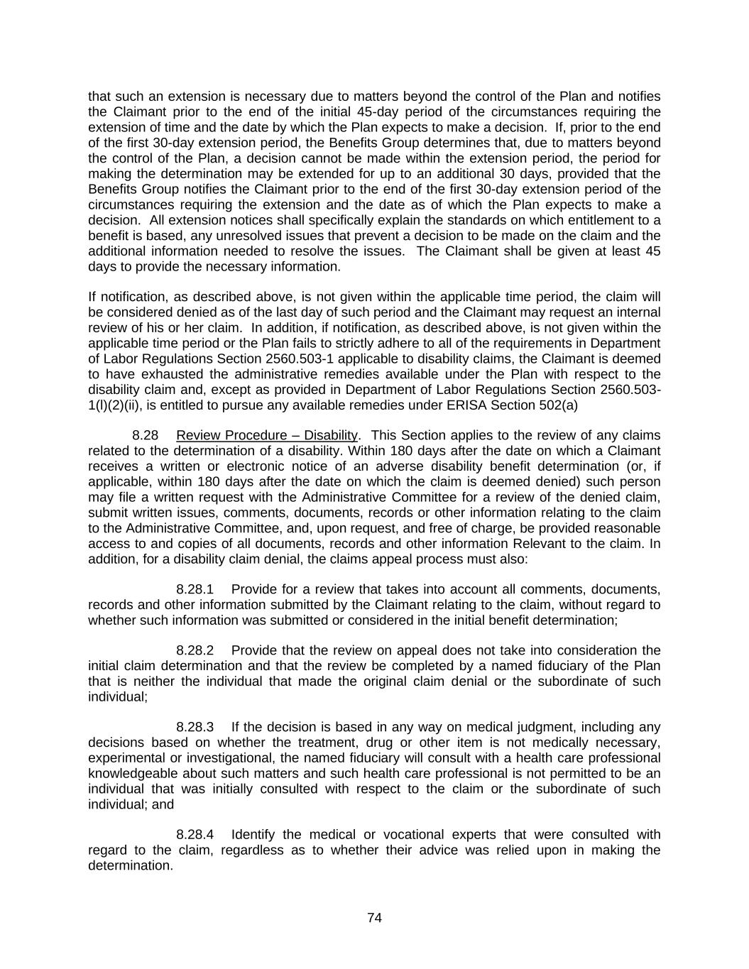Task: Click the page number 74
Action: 375,918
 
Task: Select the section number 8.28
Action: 146,435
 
